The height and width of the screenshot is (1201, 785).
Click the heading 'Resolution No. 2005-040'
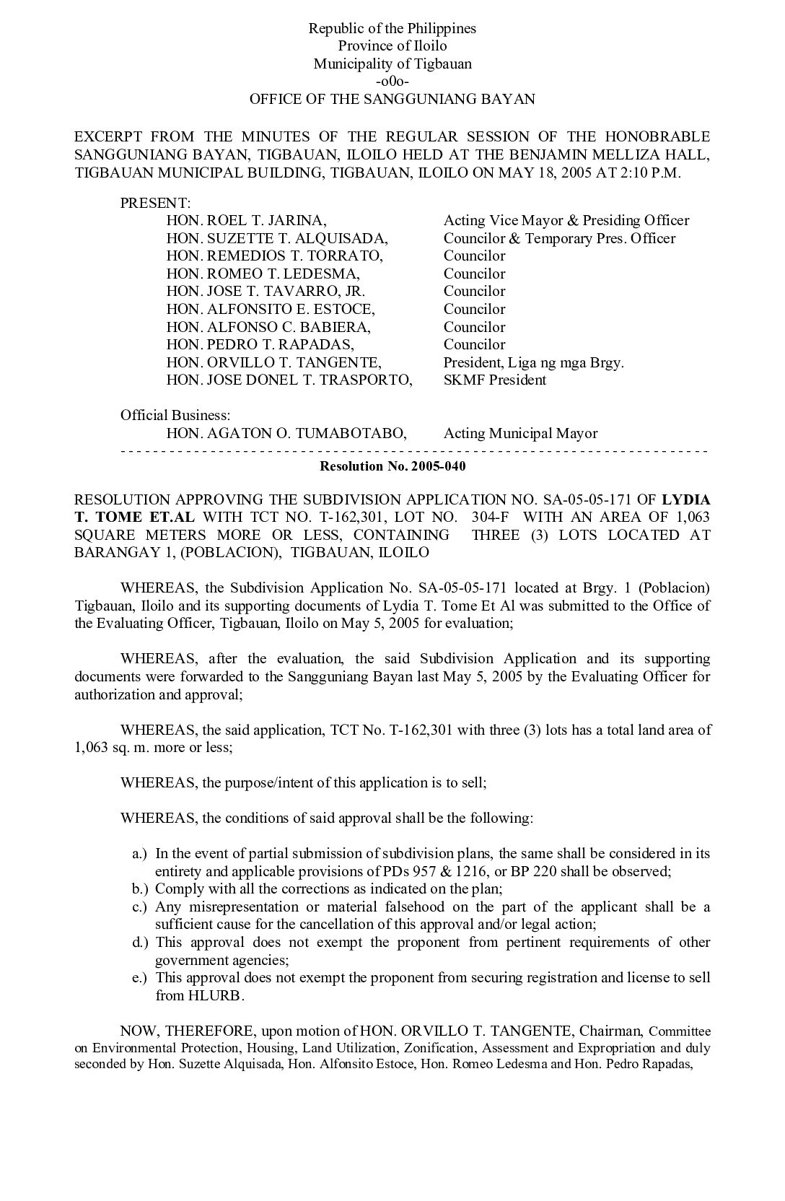tap(392, 466)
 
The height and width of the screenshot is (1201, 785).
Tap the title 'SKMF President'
tap(494, 380)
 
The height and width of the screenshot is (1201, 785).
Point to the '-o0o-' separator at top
tap(392, 81)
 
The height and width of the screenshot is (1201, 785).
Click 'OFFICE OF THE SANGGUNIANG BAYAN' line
tap(392, 99)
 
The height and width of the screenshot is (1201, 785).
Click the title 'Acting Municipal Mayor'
tap(520, 433)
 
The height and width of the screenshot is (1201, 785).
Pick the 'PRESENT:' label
tap(155, 203)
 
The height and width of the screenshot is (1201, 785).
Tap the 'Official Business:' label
tap(175, 415)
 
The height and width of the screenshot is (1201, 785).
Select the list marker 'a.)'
tap(140, 854)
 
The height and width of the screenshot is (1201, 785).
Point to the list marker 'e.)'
tap(140, 978)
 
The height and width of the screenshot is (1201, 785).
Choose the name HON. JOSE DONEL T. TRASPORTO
tap(289, 380)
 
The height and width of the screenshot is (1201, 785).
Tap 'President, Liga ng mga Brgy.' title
tap(533, 362)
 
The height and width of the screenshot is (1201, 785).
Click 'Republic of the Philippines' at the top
tap(392, 29)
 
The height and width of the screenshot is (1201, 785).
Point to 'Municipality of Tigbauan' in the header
tap(392, 64)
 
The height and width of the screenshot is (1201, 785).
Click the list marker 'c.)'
tap(140, 907)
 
